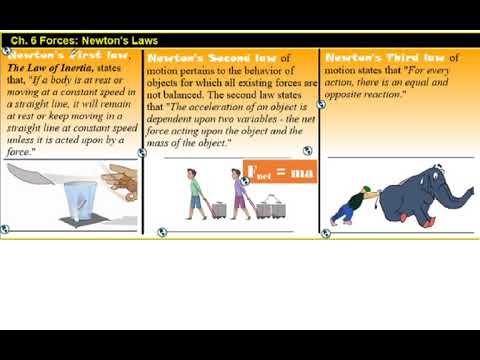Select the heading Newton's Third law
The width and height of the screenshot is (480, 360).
click(x=386, y=58)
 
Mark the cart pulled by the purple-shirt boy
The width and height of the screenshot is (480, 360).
click(x=267, y=208)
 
